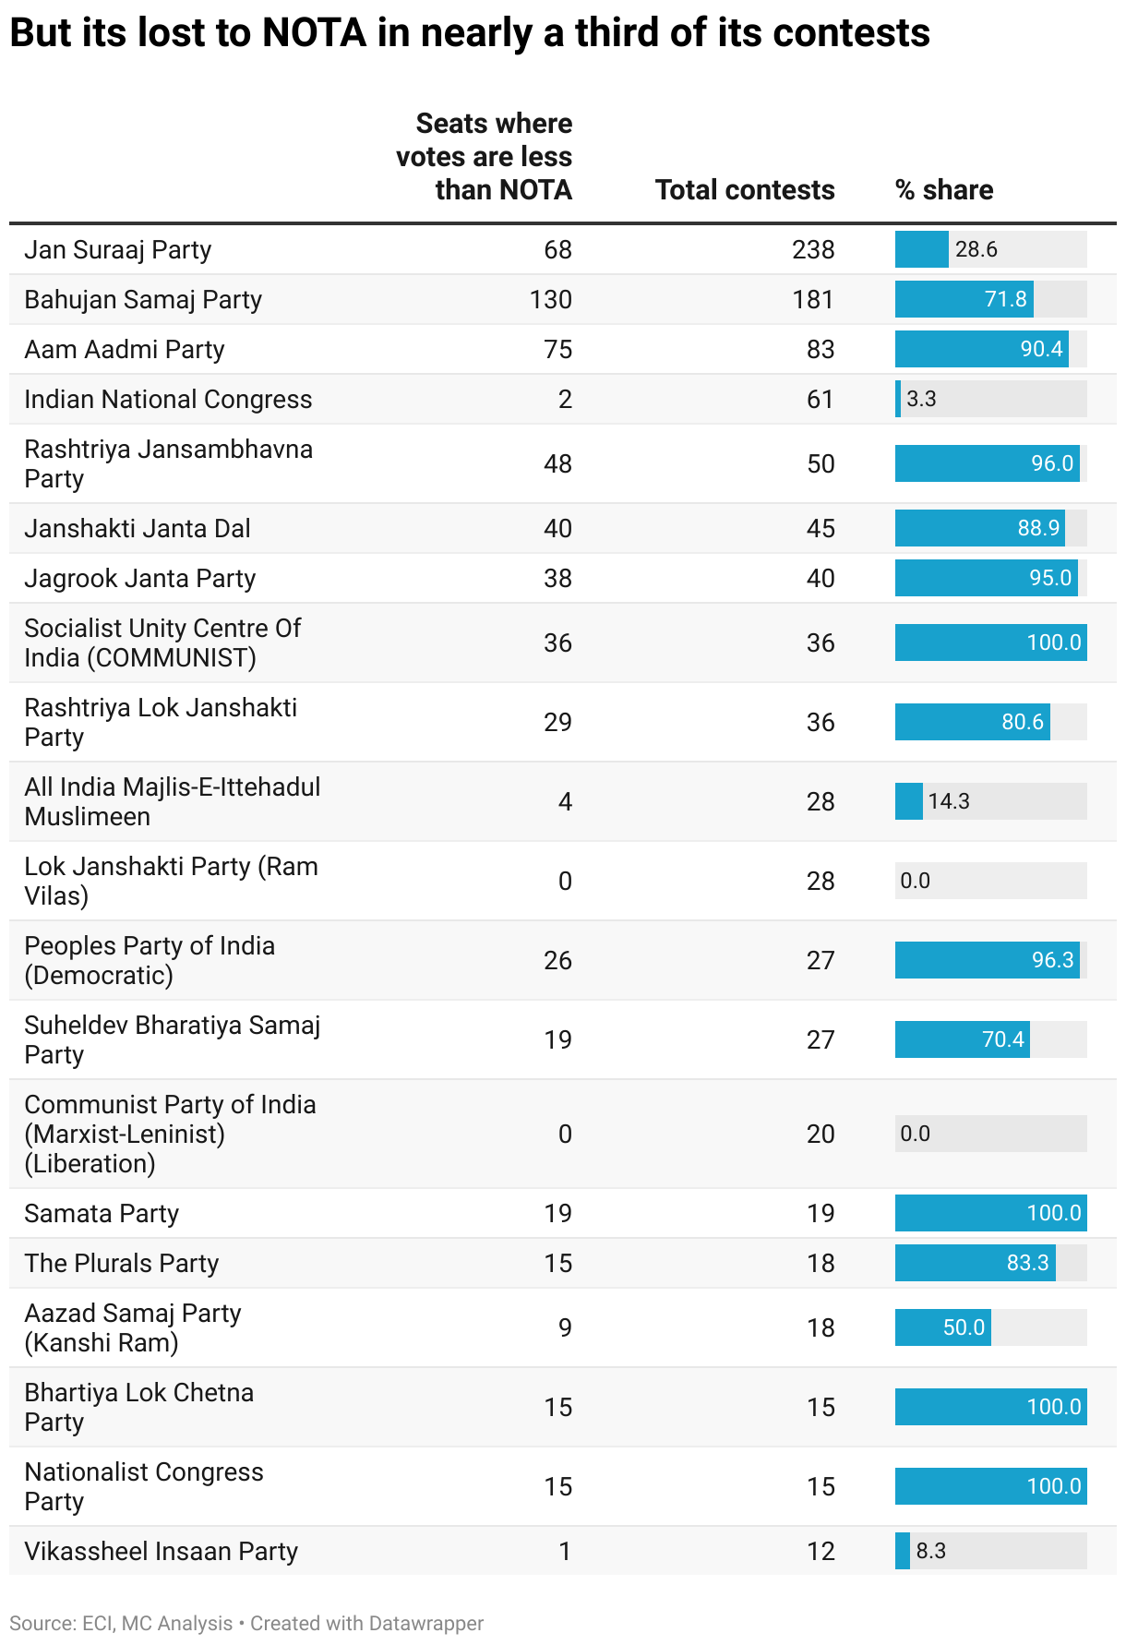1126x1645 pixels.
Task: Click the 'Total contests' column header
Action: pyautogui.click(x=744, y=190)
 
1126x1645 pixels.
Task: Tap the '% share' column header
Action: pyautogui.click(x=943, y=190)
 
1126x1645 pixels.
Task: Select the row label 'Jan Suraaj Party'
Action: pyautogui.click(x=118, y=250)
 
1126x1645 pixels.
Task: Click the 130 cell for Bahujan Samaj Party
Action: pyautogui.click(x=551, y=300)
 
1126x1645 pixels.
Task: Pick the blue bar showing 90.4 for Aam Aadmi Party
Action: pyautogui.click(x=981, y=350)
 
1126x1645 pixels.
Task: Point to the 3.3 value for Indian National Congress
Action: pyautogui.click(x=921, y=400)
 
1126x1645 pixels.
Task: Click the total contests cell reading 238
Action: pyautogui.click(x=813, y=250)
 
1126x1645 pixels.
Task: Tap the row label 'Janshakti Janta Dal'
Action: pyautogui.click(x=138, y=529)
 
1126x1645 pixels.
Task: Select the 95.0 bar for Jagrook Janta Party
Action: pyautogui.click(x=986, y=579)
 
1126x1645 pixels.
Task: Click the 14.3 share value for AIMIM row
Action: pyautogui.click(x=949, y=801)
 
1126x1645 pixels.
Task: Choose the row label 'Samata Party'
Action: pyautogui.click(x=102, y=1214)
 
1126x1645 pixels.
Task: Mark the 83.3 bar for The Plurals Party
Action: pyautogui.click(x=975, y=1264)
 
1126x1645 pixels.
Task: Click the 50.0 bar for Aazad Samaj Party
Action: pyautogui.click(x=942, y=1328)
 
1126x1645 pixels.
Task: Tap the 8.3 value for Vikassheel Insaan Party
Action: pyautogui.click(x=930, y=1552)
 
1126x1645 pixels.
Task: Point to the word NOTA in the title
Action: pyautogui.click(x=314, y=34)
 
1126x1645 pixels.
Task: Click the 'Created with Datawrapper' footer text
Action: pyautogui.click(x=366, y=1624)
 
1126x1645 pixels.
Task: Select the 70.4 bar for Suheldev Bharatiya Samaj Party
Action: pyautogui.click(x=962, y=1040)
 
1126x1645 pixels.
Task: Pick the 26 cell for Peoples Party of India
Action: pyautogui.click(x=557, y=961)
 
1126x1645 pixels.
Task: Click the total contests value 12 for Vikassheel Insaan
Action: pyautogui.click(x=821, y=1552)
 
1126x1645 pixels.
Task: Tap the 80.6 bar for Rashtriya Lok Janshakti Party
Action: pyautogui.click(x=972, y=723)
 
